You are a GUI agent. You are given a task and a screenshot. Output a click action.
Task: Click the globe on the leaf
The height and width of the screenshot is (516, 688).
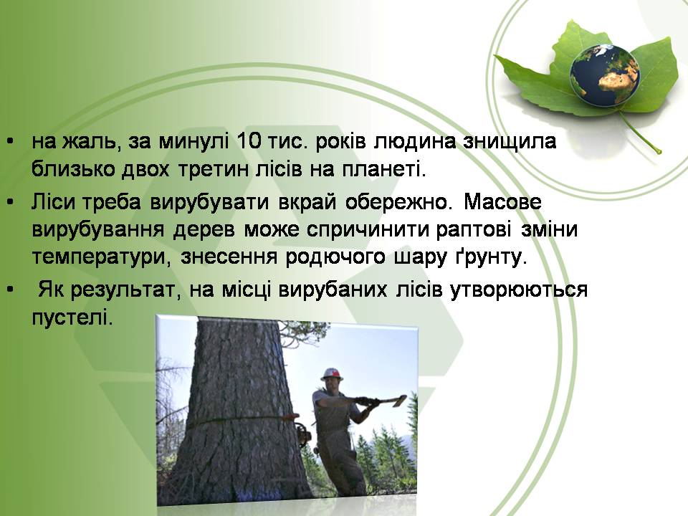point(604,75)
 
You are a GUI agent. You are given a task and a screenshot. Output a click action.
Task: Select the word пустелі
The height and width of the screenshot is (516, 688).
point(72,317)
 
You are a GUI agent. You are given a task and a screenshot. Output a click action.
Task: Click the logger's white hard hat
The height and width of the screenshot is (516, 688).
point(332,374)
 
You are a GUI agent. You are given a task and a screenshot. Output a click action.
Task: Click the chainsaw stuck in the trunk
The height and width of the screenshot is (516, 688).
point(302,433)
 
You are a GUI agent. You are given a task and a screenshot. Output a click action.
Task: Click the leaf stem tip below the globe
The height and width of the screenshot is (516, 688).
point(659,152)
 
